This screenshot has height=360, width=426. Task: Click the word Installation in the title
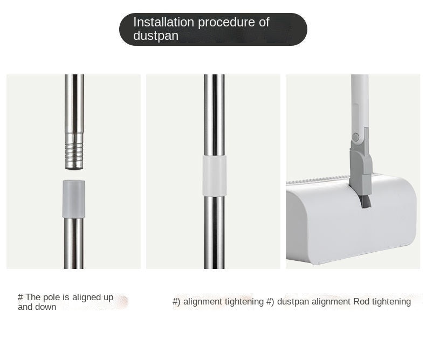point(163,22)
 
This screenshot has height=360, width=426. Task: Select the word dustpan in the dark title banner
point(156,36)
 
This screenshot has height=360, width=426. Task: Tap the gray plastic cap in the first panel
point(74,199)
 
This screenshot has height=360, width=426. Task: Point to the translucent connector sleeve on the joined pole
point(215,176)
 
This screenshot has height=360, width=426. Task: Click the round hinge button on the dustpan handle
point(355,136)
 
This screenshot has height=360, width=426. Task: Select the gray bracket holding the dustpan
point(361,165)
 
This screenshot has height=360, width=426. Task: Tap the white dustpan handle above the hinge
point(360,103)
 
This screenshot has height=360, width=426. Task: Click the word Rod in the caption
point(361,302)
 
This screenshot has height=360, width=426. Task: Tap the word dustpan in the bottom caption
point(293,302)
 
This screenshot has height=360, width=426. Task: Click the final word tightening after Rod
point(391,302)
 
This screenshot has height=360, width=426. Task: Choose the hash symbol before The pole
point(20,297)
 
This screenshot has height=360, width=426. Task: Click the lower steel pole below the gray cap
point(74,243)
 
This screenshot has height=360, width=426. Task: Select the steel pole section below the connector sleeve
point(215,232)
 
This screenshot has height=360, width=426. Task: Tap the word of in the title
point(264,22)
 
